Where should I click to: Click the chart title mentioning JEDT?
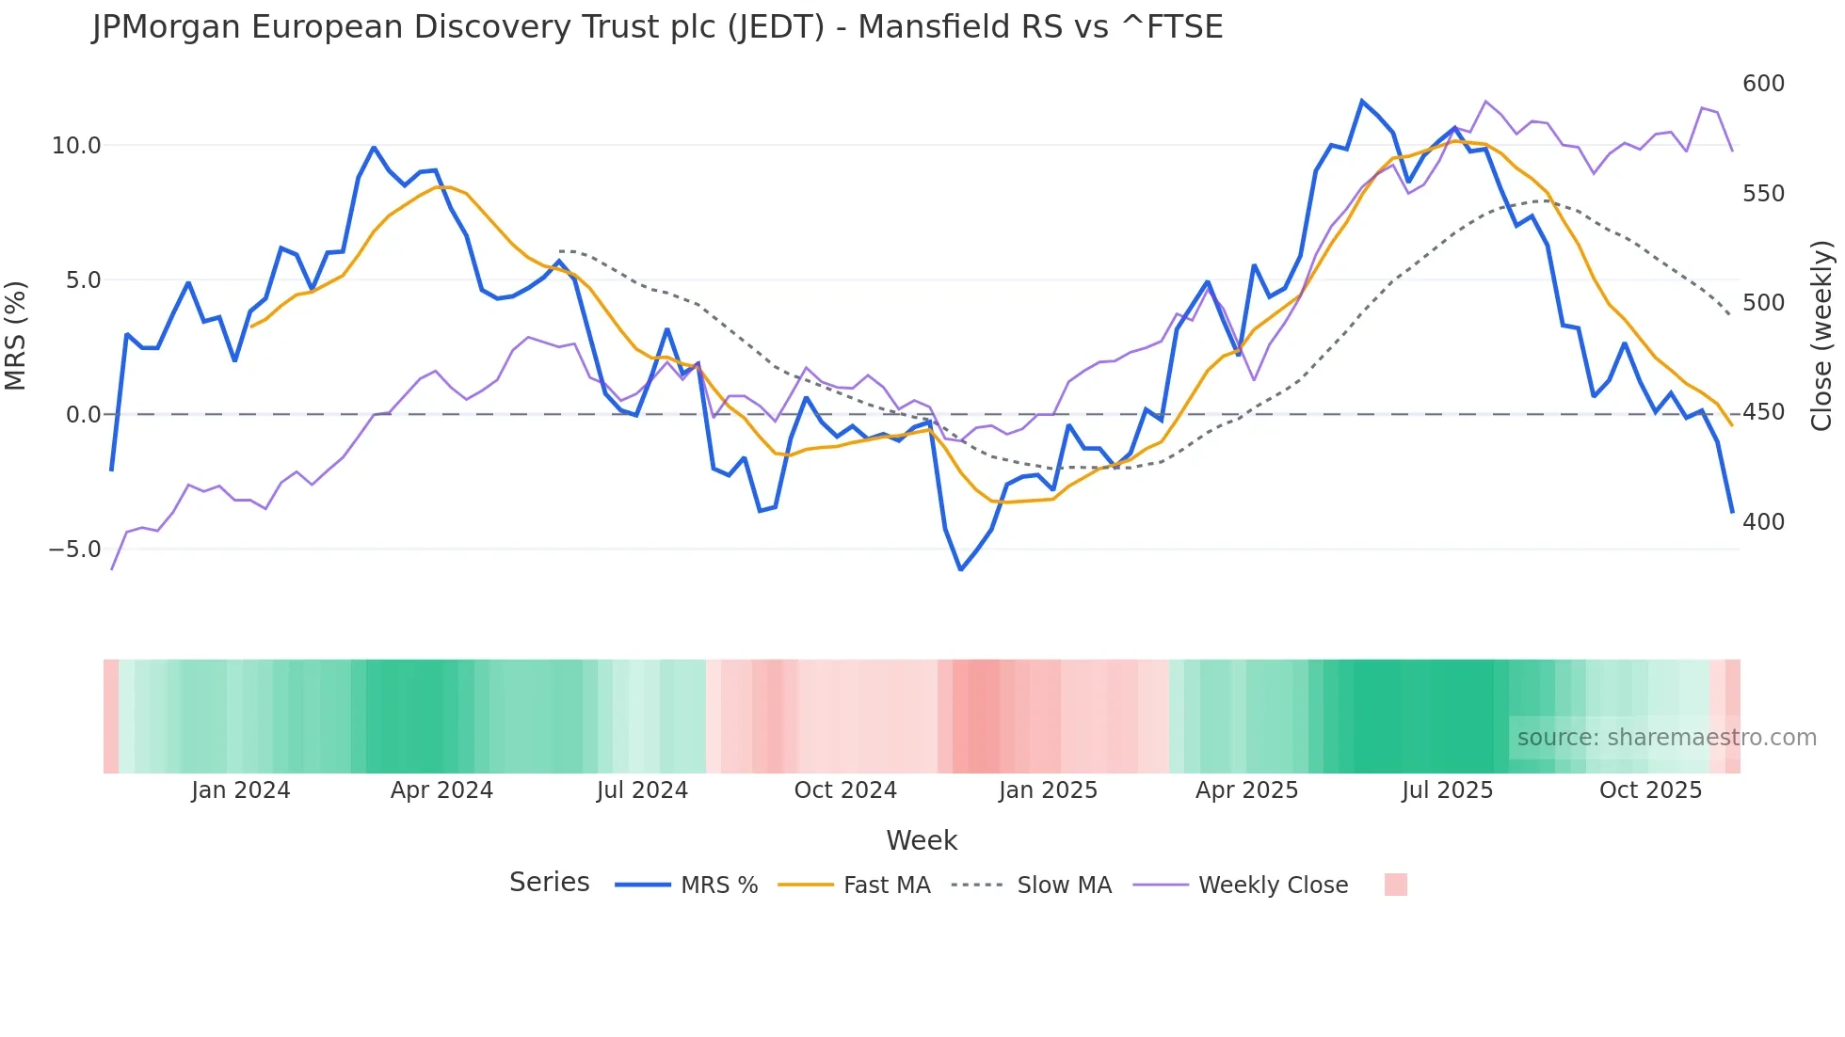(x=657, y=27)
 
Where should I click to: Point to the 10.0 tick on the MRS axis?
(x=75, y=146)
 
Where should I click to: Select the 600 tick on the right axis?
(x=1763, y=84)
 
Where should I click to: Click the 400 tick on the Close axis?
(x=1763, y=522)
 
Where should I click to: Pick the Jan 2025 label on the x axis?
(x=1048, y=790)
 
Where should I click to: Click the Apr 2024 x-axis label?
(x=441, y=790)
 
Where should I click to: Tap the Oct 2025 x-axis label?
(x=1650, y=790)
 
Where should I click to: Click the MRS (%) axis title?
(x=16, y=335)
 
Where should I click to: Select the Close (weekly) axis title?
(x=1821, y=335)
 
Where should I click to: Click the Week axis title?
(x=922, y=840)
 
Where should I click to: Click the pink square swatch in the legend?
(x=1396, y=885)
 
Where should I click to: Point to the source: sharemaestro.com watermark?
(x=1666, y=738)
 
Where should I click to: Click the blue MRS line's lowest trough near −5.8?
(x=960, y=569)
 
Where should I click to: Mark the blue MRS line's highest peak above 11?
(x=1361, y=101)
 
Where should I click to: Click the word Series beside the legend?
(x=549, y=883)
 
